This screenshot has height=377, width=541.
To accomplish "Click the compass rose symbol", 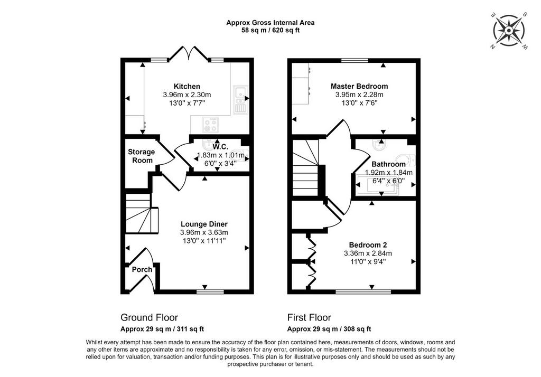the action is click(509, 31).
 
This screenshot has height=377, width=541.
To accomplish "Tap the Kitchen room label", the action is click(186, 86).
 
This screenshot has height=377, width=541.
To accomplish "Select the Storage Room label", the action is click(142, 156).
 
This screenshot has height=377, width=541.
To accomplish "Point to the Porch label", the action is click(142, 269).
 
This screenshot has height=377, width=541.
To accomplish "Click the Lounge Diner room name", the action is click(204, 224).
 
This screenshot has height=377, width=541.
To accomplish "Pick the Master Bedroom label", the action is click(359, 86).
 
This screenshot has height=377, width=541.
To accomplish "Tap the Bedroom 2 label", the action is click(368, 245).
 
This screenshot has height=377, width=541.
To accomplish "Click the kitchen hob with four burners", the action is click(210, 125).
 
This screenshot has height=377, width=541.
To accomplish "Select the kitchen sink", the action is click(239, 99).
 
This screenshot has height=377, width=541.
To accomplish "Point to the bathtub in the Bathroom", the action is click(378, 185).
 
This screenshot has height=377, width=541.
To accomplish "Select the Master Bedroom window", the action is click(355, 60).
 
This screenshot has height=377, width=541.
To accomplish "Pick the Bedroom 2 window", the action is click(363, 292).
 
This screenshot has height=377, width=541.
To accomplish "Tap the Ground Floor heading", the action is click(149, 317).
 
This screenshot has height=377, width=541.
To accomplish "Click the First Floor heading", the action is click(309, 317).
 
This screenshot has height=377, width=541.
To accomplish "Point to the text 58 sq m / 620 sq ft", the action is click(270, 30).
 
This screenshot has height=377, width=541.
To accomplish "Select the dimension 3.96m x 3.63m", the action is click(204, 232).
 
